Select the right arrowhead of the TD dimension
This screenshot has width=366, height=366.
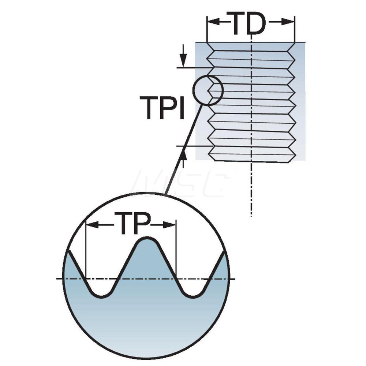288,22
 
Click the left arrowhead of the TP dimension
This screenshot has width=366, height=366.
92,225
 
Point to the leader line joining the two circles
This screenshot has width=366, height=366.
183,149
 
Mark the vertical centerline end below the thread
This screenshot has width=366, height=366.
251,216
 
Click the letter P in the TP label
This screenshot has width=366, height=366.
141,223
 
